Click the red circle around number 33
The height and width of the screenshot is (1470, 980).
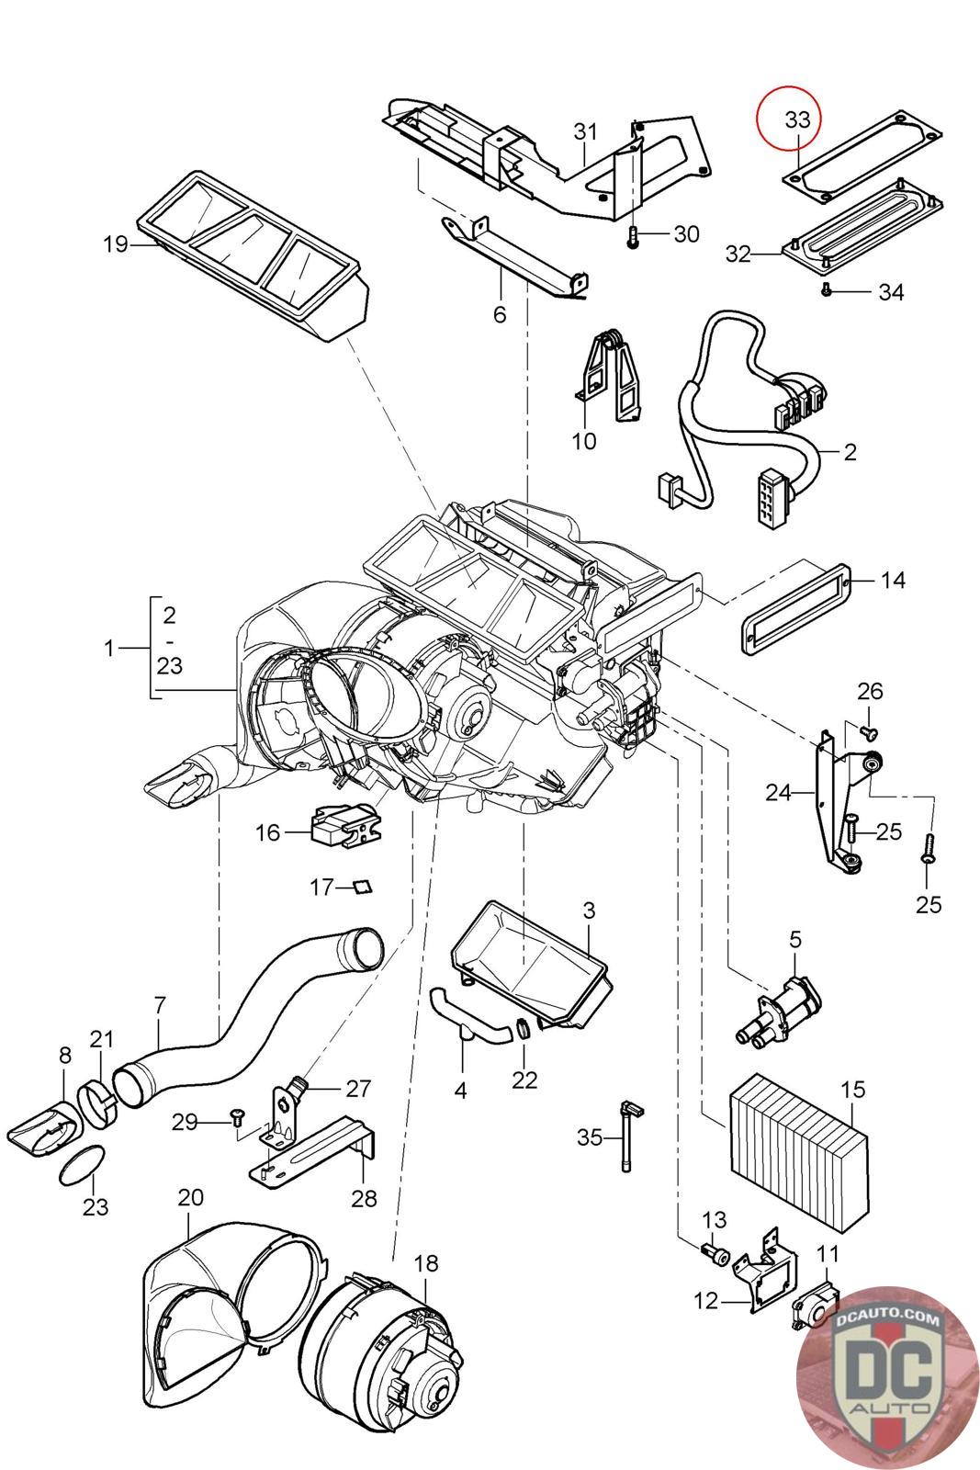(x=788, y=118)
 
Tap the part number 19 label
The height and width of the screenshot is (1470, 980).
(x=116, y=244)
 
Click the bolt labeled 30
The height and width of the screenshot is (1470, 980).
(x=633, y=236)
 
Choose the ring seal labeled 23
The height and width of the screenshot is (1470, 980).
(x=77, y=1165)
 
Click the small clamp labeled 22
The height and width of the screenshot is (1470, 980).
(x=524, y=1029)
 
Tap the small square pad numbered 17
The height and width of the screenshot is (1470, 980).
(x=362, y=887)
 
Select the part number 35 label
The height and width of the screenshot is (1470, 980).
(x=590, y=1137)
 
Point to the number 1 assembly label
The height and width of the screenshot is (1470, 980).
(x=109, y=648)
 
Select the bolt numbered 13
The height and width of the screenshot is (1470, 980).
(x=714, y=1252)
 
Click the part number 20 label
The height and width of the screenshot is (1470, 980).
(x=190, y=1198)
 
